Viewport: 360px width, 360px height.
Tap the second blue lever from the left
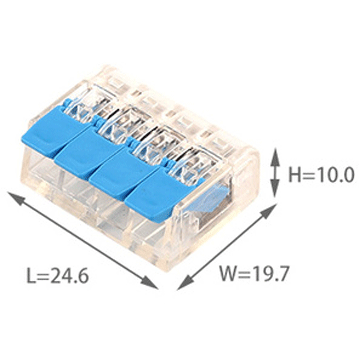[91, 151]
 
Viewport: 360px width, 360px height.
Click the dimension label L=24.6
[58, 276]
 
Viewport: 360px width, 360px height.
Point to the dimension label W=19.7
[254, 273]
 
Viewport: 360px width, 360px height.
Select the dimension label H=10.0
[321, 175]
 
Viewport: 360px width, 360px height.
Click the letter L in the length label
[31, 276]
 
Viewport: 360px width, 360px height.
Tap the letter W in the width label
[227, 273]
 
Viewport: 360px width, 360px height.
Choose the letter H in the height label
[295, 175]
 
